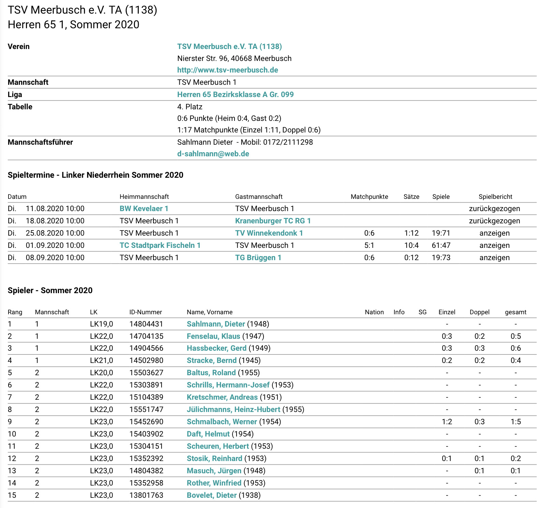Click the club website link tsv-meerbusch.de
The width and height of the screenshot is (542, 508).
227,70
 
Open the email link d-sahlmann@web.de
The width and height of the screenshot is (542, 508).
213,154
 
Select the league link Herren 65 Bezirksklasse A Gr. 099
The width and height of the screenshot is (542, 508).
235,94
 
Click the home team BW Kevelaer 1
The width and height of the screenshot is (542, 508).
144,208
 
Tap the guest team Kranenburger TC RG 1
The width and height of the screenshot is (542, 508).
273,221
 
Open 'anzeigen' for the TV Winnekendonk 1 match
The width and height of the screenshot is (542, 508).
494,233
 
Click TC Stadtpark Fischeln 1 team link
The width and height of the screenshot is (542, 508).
160,245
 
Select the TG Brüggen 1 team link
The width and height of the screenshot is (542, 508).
258,257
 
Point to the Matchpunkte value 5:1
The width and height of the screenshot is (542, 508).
369,245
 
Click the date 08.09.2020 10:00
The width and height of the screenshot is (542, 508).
55,257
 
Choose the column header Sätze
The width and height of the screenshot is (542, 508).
411,196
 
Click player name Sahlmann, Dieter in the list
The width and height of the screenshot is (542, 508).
216,324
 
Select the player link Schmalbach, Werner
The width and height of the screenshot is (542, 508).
222,422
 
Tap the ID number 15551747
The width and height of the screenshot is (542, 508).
146,409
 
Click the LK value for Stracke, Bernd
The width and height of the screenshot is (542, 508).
101,360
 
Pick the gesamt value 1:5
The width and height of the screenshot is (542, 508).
515,422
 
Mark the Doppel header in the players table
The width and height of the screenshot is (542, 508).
479,312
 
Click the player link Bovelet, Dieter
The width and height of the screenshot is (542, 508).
211,495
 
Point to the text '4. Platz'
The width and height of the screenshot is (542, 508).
190,107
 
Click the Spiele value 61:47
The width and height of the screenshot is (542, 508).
441,245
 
